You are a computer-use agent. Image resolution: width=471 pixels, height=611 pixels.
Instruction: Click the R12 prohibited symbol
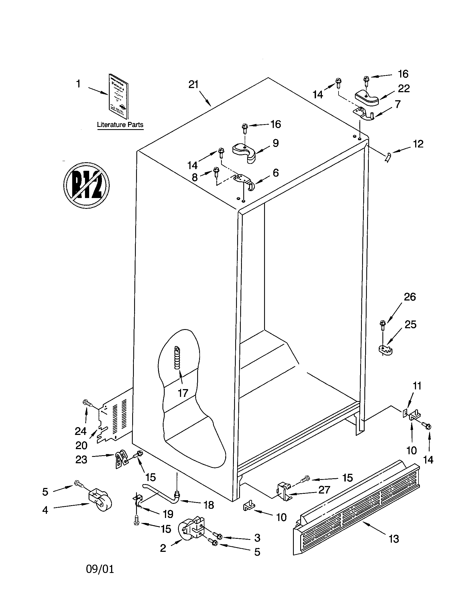[86, 185]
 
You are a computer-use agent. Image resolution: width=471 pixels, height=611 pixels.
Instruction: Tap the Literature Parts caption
[120, 125]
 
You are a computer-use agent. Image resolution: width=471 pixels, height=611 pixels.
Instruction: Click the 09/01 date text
[100, 569]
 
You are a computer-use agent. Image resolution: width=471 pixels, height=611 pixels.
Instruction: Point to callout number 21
[193, 84]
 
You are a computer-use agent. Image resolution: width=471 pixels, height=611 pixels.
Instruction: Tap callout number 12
[418, 144]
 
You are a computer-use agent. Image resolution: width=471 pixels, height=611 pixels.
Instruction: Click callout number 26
[410, 297]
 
